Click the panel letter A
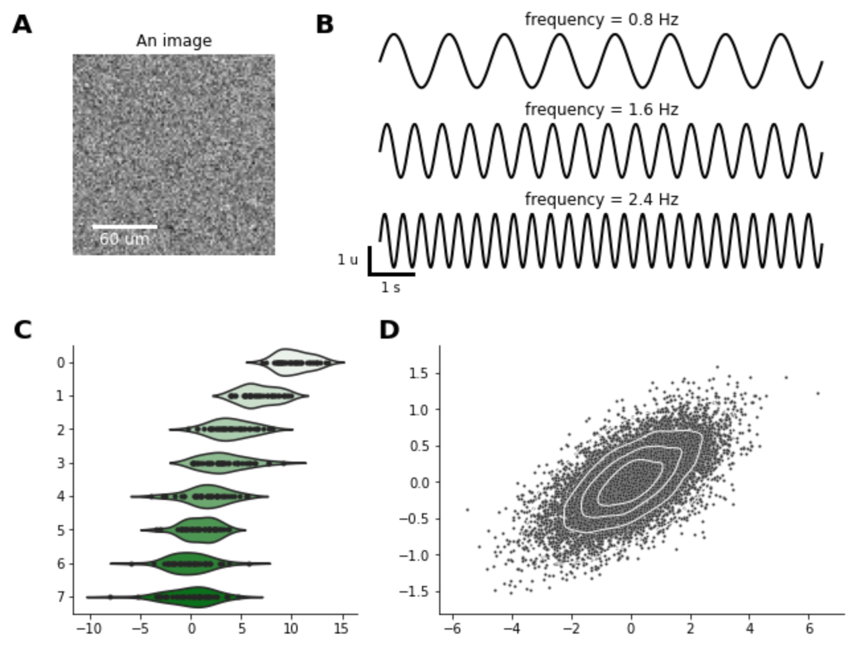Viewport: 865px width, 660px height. [x=22, y=25]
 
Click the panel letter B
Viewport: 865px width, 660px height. [x=325, y=25]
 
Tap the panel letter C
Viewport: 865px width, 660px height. [x=22, y=330]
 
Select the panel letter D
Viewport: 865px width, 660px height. [x=389, y=330]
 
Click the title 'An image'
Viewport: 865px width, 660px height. [x=174, y=41]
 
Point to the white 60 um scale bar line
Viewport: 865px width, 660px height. [x=124, y=227]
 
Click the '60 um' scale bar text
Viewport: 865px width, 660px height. [x=124, y=239]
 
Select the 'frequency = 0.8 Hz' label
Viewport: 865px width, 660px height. [x=601, y=20]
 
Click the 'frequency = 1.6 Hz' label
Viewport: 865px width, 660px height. [x=601, y=110]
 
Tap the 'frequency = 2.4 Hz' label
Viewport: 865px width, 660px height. [x=601, y=200]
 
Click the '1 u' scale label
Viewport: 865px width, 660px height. [x=347, y=260]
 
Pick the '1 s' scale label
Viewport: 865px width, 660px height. [x=390, y=288]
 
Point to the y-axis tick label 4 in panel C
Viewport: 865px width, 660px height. [x=61, y=497]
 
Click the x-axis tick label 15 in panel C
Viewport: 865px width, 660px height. [x=341, y=629]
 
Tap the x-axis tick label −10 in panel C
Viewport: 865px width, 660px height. [x=89, y=629]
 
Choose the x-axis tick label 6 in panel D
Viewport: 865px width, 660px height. [x=809, y=629]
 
